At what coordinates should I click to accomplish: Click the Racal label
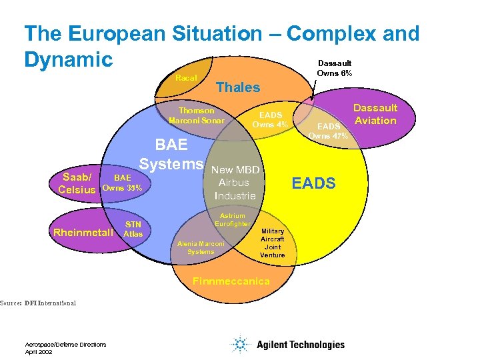(186, 79)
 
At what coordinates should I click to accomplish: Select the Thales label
(238, 87)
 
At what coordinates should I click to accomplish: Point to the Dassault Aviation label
(375, 114)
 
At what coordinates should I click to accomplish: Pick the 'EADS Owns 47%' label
(328, 131)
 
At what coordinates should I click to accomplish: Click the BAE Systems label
(171, 155)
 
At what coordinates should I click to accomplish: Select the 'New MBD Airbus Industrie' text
(235, 182)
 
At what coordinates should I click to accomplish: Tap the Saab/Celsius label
(79, 183)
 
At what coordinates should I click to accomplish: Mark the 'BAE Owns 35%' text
(122, 183)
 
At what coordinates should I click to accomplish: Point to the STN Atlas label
(133, 229)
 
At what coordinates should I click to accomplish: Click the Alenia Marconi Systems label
(201, 248)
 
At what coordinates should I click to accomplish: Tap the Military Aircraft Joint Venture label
(272, 243)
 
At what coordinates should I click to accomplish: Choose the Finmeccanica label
(231, 281)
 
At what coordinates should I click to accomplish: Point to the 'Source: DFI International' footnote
(38, 303)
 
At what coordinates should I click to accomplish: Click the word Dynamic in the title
(68, 59)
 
